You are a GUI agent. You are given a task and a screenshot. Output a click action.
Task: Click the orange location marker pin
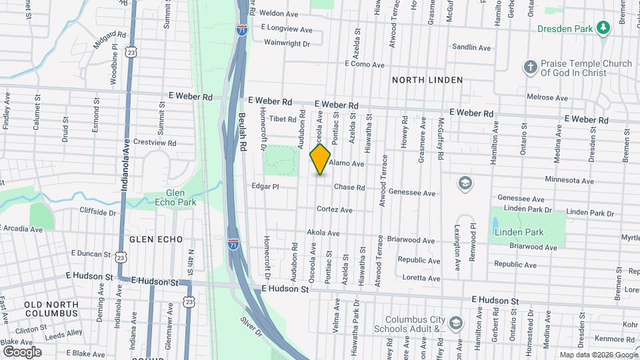[321, 159]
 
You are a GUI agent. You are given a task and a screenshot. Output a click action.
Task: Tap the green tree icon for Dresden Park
[603, 27]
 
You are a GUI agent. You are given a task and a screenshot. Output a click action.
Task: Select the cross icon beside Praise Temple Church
[530, 67]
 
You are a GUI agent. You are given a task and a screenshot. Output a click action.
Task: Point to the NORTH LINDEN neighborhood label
[427, 80]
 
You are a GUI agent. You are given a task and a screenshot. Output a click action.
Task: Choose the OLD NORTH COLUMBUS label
[51, 309]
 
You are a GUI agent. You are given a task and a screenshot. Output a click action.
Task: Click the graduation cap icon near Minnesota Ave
[465, 183]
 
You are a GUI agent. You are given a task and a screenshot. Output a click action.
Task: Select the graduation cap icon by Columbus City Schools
[455, 324]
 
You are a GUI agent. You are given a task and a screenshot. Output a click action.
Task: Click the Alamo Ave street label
[347, 163]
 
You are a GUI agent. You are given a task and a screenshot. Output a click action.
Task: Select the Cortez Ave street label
[335, 209]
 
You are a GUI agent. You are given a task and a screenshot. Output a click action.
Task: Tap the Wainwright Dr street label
[287, 43]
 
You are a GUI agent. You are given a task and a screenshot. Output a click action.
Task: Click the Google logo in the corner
[22, 351]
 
